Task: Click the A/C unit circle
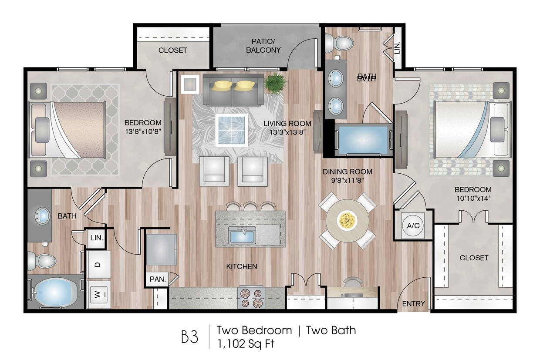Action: click(413, 226)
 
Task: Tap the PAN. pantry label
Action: click(158, 279)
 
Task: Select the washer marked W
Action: click(98, 294)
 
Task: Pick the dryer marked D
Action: click(98, 265)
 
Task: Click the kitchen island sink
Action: click(242, 235)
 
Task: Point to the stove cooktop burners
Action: click(251, 298)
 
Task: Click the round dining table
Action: click(347, 221)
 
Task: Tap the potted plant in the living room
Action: click(275, 83)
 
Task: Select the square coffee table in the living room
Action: click(232, 130)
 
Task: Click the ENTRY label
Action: click(413, 303)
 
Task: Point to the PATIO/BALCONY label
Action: click(263, 46)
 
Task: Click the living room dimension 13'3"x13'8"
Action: click(287, 132)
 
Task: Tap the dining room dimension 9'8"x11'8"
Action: click(348, 181)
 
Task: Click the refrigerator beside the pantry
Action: click(161, 249)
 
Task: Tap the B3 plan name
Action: click(189, 336)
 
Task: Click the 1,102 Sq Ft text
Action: click(246, 344)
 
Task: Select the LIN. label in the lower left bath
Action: click(97, 238)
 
